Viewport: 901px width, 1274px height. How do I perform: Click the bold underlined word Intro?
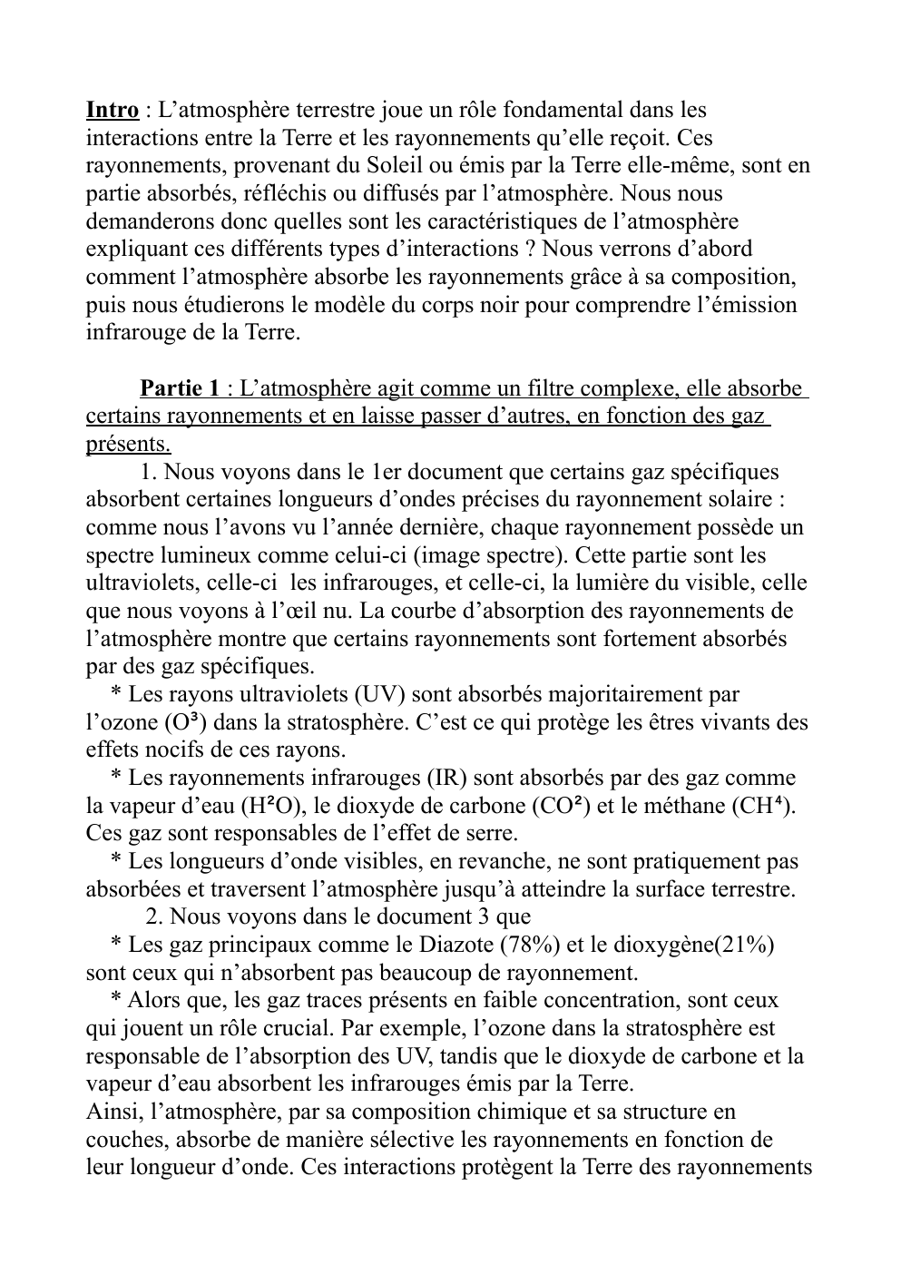[x=113, y=111]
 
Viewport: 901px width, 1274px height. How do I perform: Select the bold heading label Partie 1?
[x=180, y=388]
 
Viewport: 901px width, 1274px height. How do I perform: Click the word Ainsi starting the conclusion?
[x=112, y=1112]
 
